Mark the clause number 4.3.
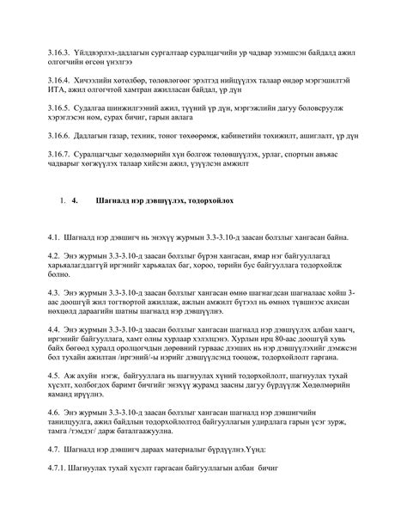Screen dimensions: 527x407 [x=56, y=291]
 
